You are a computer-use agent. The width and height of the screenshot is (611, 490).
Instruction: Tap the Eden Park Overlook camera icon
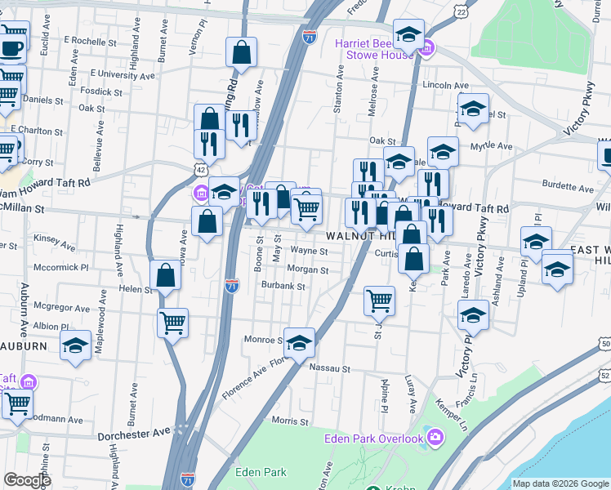[x=435, y=439]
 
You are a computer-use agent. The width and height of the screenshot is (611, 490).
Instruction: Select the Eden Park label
[x=261, y=472]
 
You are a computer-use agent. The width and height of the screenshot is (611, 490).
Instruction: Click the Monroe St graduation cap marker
[x=300, y=342]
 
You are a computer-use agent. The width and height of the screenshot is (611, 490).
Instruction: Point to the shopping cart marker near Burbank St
[x=380, y=300]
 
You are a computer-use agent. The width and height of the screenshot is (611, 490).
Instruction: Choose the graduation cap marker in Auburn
[x=76, y=346]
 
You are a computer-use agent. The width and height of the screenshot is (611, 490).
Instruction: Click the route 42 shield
[x=200, y=169]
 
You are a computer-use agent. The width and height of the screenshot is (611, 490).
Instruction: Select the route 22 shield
[x=462, y=12]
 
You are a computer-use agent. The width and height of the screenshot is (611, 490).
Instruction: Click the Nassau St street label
[x=330, y=368]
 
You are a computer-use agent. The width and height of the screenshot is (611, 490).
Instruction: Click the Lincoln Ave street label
[x=445, y=85]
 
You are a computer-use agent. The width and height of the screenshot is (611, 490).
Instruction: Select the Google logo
[x=28, y=480]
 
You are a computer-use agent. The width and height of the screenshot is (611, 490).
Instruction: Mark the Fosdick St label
[x=101, y=91]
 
